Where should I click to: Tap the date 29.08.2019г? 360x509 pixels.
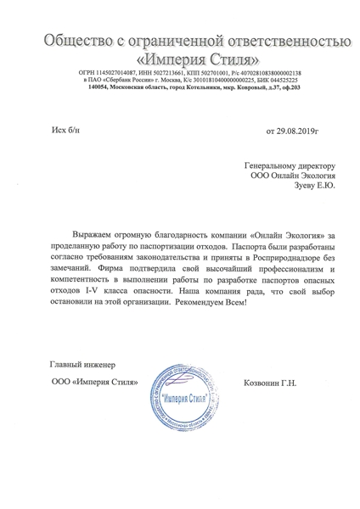(291, 131)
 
